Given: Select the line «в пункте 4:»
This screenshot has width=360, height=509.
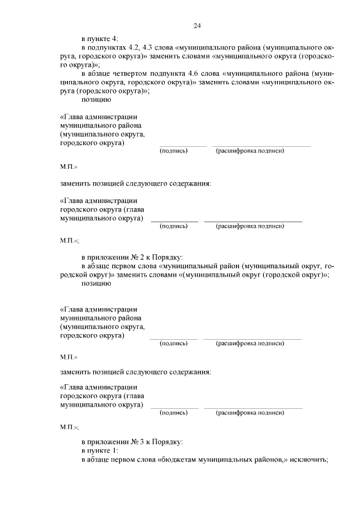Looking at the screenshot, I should point(100,38).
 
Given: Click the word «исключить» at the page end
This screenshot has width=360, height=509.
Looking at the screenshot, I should point(309,460).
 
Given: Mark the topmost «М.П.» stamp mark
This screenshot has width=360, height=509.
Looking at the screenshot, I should point(68,168).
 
